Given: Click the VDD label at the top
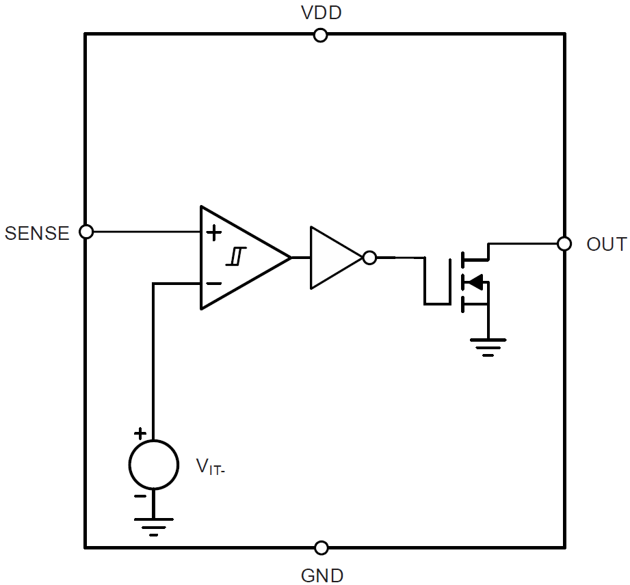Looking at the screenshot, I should pyautogui.click(x=321, y=13).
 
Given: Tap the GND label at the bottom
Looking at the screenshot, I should pyautogui.click(x=321, y=575).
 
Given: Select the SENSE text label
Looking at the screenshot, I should pyautogui.click(x=37, y=233).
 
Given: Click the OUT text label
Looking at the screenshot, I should pyautogui.click(x=605, y=244).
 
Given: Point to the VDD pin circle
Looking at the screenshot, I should pyautogui.click(x=320, y=35).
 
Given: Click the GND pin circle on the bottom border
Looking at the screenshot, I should pyautogui.click(x=321, y=547).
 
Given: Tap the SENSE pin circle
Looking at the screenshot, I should pyautogui.click(x=86, y=232).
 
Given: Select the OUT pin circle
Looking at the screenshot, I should pyautogui.click(x=564, y=243).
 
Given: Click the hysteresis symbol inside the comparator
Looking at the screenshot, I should pyautogui.click(x=235, y=257).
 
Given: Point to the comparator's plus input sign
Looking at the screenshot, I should pyautogui.click(x=214, y=232).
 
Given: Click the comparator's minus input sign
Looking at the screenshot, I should pyautogui.click(x=214, y=283).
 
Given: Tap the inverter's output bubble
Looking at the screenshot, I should pyautogui.click(x=369, y=258).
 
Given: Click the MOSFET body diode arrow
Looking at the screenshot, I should pyautogui.click(x=475, y=281).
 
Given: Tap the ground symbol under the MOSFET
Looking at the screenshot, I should pyautogui.click(x=487, y=346).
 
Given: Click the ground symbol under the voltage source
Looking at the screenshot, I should pyautogui.click(x=153, y=526).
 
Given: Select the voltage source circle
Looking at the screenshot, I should pyautogui.click(x=153, y=465).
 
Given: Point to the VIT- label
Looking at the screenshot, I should pyautogui.click(x=211, y=467).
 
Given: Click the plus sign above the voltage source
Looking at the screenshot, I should pyautogui.click(x=140, y=433).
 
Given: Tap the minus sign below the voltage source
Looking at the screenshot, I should pyautogui.click(x=140, y=497).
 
